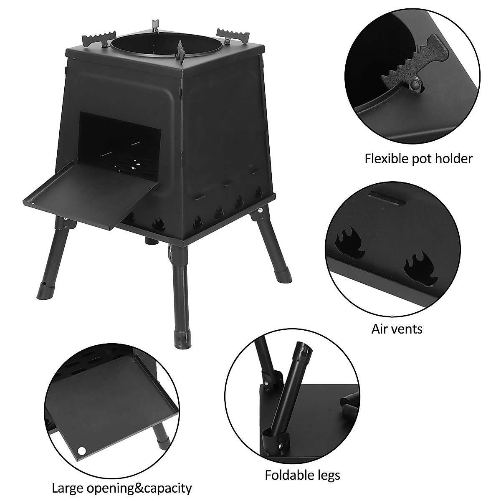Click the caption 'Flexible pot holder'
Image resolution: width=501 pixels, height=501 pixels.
[x=419, y=159]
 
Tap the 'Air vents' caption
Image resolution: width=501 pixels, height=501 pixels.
[x=397, y=329]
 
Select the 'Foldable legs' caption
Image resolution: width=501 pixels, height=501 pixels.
[x=302, y=475]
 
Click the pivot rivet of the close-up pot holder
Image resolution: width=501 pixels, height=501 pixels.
[x=415, y=85]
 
